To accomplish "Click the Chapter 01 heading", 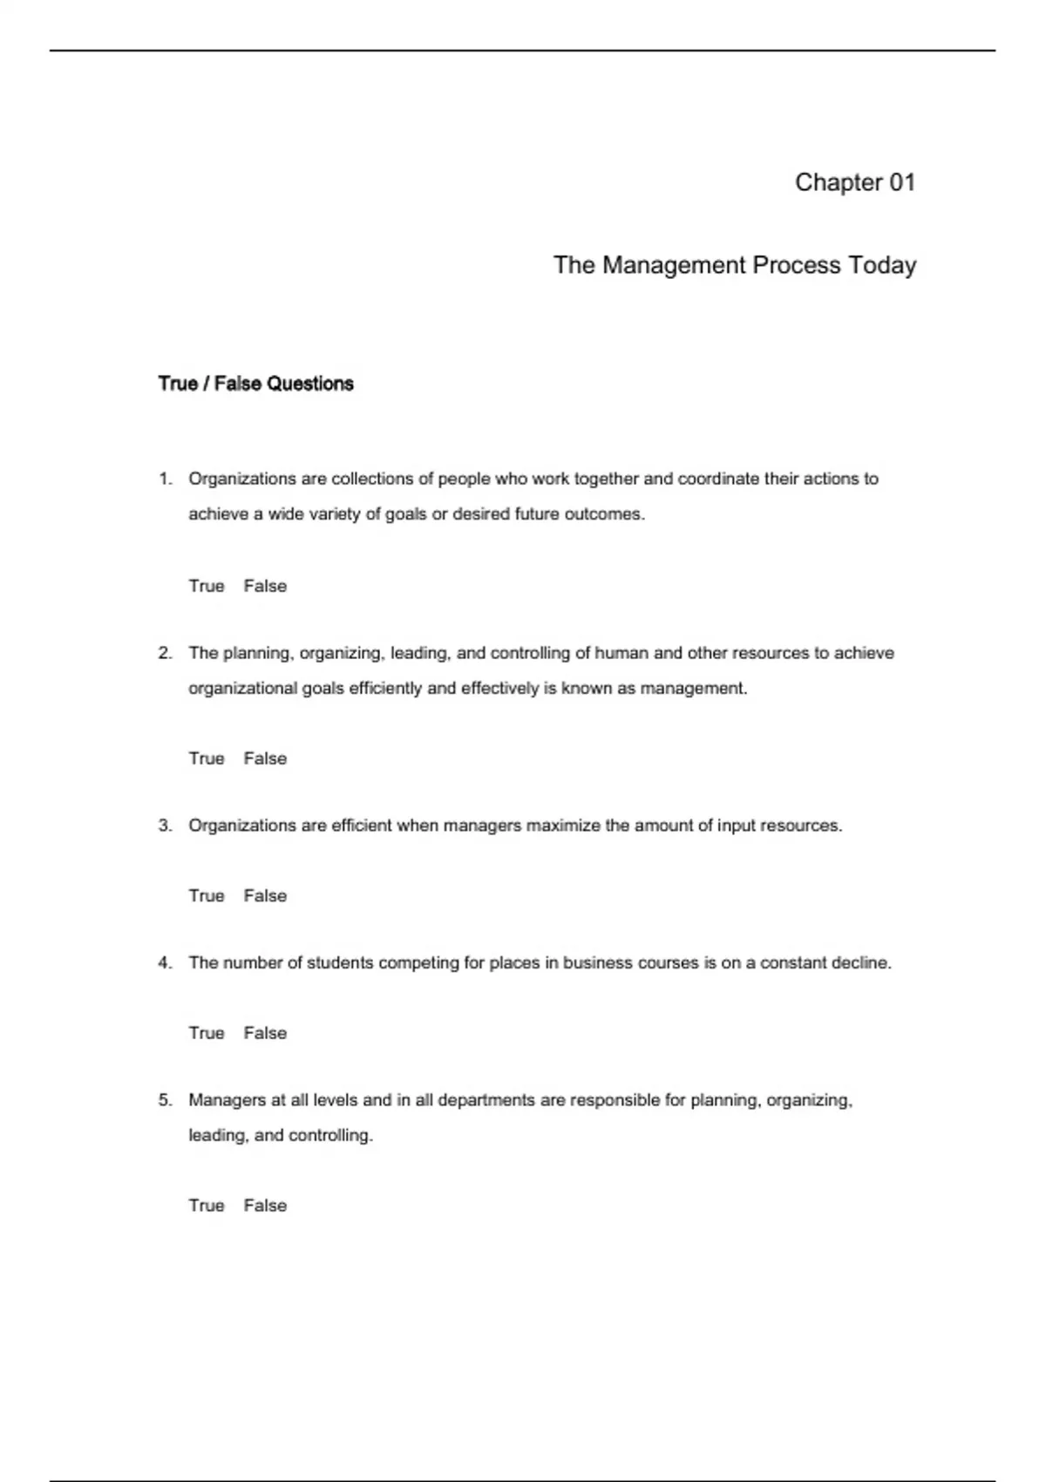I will click(x=854, y=182).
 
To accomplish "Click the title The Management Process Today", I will click(x=734, y=265).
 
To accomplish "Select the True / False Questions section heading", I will click(x=255, y=384).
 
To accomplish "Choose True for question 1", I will click(x=207, y=586).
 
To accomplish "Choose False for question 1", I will click(x=265, y=586).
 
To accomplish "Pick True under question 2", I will click(x=207, y=758).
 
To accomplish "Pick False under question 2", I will click(x=265, y=758).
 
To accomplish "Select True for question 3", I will click(x=207, y=895).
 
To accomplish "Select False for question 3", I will click(x=265, y=895).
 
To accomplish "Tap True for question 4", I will click(x=207, y=1033).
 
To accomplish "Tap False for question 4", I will click(x=265, y=1033).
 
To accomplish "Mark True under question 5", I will click(x=207, y=1206).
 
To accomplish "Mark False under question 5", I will click(x=265, y=1206).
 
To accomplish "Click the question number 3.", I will click(x=165, y=826).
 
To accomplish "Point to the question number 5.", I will click(x=165, y=1100).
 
